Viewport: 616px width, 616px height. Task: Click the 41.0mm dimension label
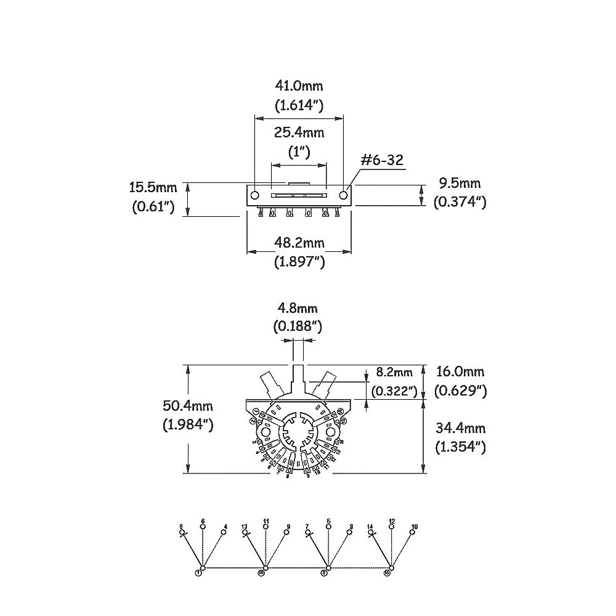(299, 86)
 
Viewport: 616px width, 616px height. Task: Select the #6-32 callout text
(382, 161)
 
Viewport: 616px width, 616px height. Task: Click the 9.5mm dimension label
(460, 183)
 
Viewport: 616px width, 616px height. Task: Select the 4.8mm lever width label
(298, 307)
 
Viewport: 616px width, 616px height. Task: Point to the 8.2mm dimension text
(395, 372)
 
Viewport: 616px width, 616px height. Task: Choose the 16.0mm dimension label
(460, 371)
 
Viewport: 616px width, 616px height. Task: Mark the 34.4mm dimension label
(460, 428)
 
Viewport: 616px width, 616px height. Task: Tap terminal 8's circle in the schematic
(181, 532)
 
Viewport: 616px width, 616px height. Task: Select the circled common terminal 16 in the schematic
(262, 572)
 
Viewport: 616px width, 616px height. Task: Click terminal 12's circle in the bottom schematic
(392, 527)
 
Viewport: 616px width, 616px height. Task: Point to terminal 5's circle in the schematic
(328, 527)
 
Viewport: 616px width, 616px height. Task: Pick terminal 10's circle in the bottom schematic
(413, 532)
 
